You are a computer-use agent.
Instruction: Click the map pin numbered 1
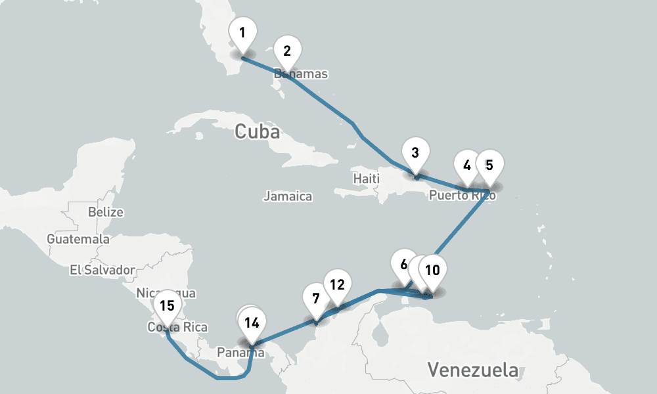pyautogui.click(x=243, y=33)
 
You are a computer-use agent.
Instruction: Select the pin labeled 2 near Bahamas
pyautogui.click(x=287, y=52)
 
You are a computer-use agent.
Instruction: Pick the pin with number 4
pyautogui.click(x=467, y=165)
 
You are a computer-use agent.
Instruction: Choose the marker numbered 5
pyautogui.click(x=489, y=165)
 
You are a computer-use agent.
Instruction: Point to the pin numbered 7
pyautogui.click(x=316, y=299)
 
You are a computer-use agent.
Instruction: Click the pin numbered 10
pyautogui.click(x=432, y=271)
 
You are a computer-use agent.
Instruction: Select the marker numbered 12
pyautogui.click(x=337, y=285)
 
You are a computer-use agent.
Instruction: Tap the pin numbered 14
pyautogui.click(x=252, y=322)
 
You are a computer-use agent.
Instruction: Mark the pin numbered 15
pyautogui.click(x=167, y=306)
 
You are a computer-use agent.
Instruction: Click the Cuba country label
pyautogui.click(x=257, y=132)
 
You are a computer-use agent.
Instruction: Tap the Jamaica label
pyautogui.click(x=288, y=196)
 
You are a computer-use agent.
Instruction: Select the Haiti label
pyautogui.click(x=367, y=179)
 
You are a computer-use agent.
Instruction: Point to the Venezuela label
pyautogui.click(x=472, y=370)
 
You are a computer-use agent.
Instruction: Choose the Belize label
pyautogui.click(x=106, y=212)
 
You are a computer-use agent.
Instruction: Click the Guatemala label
pyautogui.click(x=78, y=239)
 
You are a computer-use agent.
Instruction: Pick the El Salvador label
pyautogui.click(x=102, y=269)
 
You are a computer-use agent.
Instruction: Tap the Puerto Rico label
pyautogui.click(x=463, y=196)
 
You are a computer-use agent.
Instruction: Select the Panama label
pyautogui.click(x=240, y=353)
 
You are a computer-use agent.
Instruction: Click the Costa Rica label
pyautogui.click(x=177, y=327)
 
